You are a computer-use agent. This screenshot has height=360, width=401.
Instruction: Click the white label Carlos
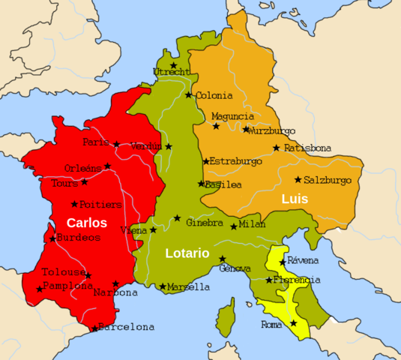pyautogui.click(x=87, y=223)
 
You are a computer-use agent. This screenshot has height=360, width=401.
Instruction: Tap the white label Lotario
pyautogui.click(x=187, y=253)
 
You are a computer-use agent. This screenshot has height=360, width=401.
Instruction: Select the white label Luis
pyautogui.click(x=295, y=199)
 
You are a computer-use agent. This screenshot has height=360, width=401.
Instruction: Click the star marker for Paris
pyautogui.click(x=116, y=144)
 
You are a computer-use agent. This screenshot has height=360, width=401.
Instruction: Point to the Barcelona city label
pyautogui.click(x=127, y=327)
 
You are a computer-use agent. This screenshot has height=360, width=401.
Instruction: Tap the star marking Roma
pyautogui.click(x=294, y=323)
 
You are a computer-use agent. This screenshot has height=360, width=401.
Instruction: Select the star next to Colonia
pyautogui.click(x=189, y=95)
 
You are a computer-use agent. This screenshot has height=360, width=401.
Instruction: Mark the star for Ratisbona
pyautogui.click(x=277, y=148)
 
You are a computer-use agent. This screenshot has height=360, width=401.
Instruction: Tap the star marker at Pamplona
pyautogui.click(x=39, y=289)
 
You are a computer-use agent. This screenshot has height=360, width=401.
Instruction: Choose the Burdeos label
pyautogui.click(x=79, y=238)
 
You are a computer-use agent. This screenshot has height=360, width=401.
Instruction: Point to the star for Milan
pyautogui.click(x=234, y=226)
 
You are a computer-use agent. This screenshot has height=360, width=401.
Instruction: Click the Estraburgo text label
pyautogui.click(x=236, y=161)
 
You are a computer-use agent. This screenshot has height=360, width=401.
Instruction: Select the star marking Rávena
pyautogui.click(x=283, y=262)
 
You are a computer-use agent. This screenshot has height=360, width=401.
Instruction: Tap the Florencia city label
pyautogui.click(x=298, y=280)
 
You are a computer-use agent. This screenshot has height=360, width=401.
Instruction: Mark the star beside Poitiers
pyautogui.click(x=74, y=204)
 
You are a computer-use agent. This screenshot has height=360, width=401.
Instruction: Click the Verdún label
pyautogui.click(x=146, y=146)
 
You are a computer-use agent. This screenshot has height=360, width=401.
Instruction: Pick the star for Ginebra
pyautogui.click(x=178, y=218)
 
